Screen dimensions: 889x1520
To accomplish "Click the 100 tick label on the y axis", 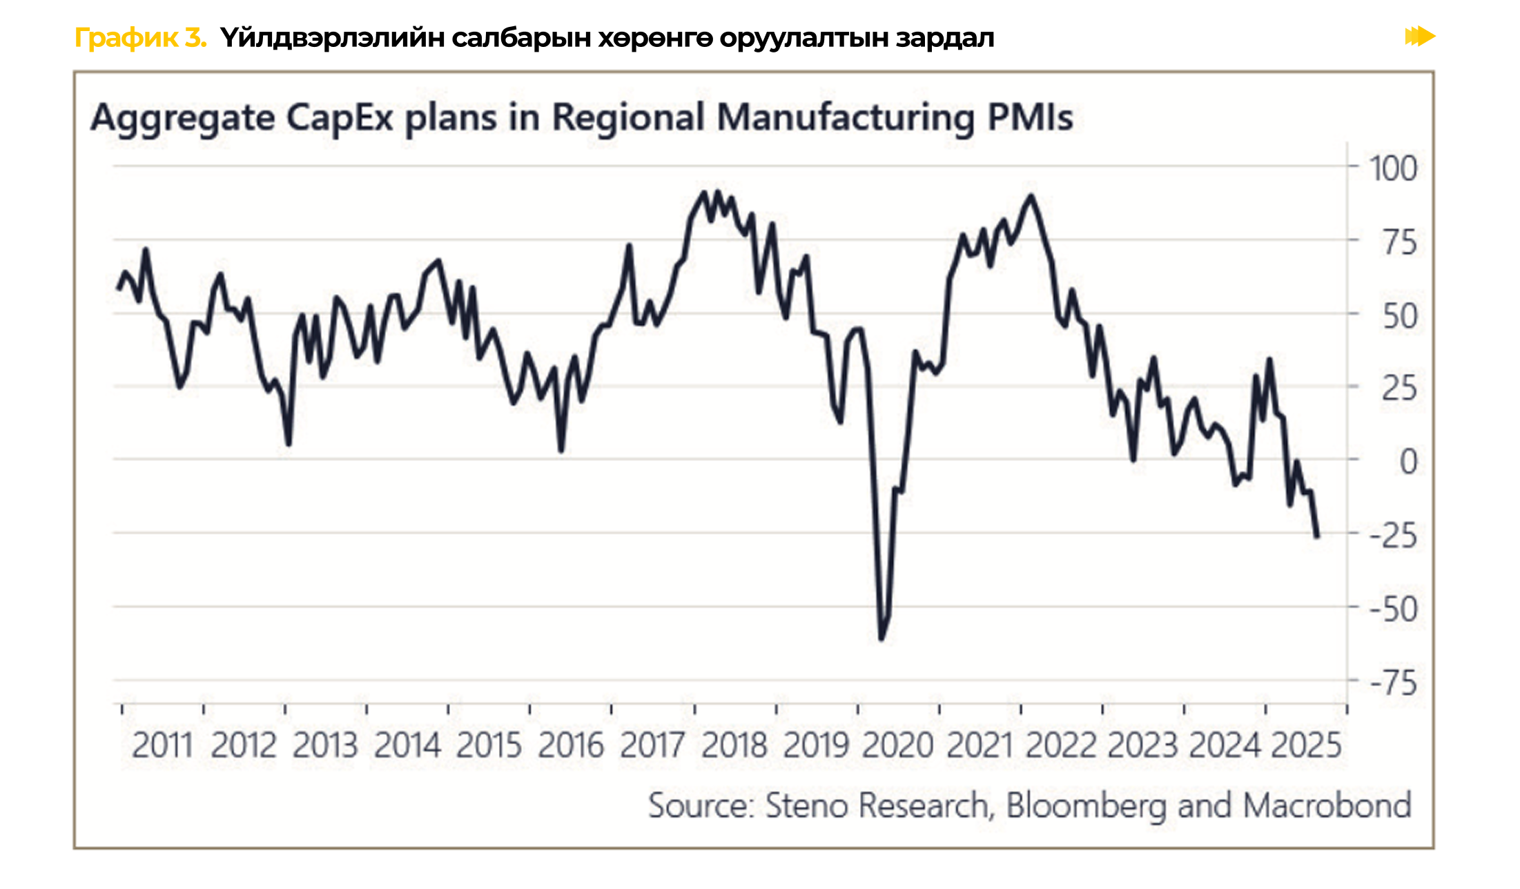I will [x=1393, y=169].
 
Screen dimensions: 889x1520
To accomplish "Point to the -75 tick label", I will [x=1393, y=683].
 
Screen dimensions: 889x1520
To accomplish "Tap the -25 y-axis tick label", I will [x=1393, y=536].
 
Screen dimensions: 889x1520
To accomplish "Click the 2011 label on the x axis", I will [x=162, y=745].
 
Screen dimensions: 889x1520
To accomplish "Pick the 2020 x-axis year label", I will [x=897, y=745].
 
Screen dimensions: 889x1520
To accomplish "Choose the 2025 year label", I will [x=1306, y=745].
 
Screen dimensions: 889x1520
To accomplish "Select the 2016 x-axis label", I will [x=571, y=745].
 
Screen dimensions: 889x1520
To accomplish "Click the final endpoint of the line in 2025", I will [x=1317, y=536].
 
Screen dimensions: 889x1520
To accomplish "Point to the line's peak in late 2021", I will [x=1031, y=196].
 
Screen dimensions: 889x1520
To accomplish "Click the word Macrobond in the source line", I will [x=1327, y=805].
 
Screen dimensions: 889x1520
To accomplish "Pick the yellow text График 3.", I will [x=140, y=37].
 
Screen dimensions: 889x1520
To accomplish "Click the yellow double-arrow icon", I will [x=1419, y=36].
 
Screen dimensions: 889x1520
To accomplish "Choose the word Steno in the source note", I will [x=806, y=805].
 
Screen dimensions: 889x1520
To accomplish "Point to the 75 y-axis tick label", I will [x=1400, y=243].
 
